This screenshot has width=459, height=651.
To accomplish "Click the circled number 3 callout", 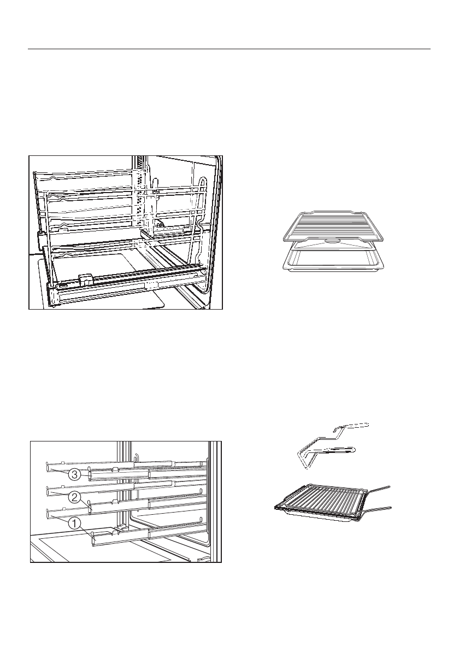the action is tap(75, 475).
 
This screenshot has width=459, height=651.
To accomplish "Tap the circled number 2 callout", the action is tap(75, 498).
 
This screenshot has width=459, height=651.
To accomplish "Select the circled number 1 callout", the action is tap(75, 523).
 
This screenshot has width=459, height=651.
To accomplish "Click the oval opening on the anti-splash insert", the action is tap(333, 241).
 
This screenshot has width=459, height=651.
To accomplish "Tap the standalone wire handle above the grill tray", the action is tap(328, 443).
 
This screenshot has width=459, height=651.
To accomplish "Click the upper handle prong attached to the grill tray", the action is tap(377, 488).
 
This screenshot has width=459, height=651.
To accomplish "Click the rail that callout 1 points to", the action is tap(148, 533).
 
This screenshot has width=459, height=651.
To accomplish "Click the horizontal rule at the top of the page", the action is tap(229, 49).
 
